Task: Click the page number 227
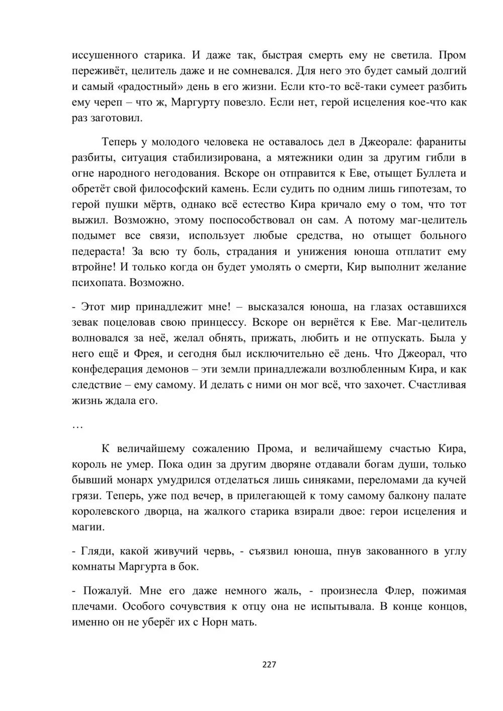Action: click(x=269, y=665)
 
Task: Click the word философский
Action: click(x=184, y=189)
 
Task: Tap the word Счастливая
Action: click(x=435, y=385)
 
